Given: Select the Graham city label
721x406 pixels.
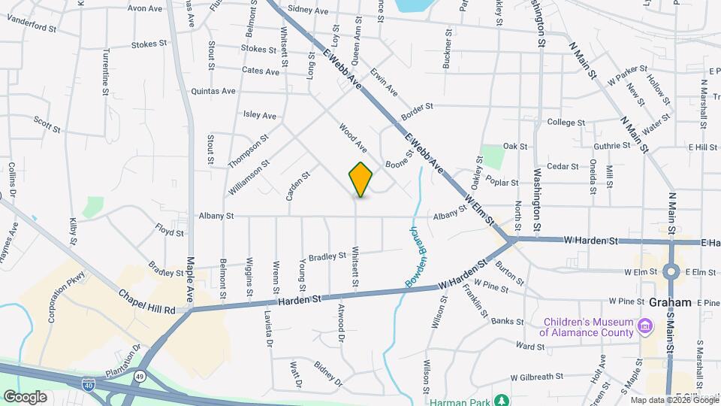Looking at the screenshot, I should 671,302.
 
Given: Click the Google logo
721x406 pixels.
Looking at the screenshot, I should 25,397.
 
